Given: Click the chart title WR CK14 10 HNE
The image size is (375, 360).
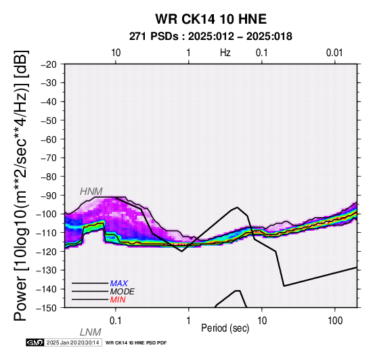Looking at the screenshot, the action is [x=211, y=19].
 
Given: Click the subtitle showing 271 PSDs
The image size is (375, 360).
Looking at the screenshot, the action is [x=211, y=37].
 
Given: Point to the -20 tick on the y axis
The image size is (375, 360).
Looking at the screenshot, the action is [x=49, y=64].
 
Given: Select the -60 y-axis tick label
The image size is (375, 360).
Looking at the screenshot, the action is [x=49, y=139].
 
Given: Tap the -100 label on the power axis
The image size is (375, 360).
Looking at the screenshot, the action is [x=47, y=214].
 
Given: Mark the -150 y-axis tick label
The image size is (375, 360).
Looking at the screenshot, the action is [x=47, y=308].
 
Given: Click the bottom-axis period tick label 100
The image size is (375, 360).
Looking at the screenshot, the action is [x=335, y=321].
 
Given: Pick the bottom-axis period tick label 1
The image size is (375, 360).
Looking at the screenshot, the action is [x=189, y=321].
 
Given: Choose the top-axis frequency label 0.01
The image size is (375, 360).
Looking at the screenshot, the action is [x=334, y=53].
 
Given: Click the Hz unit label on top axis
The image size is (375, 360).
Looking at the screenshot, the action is [x=225, y=53].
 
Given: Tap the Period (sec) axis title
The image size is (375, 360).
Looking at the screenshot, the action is [x=225, y=328].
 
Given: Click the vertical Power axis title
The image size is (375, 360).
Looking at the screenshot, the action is [x=21, y=185].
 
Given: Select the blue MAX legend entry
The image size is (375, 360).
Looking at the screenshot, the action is [x=119, y=284].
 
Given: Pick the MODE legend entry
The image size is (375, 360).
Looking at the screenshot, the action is [x=123, y=292].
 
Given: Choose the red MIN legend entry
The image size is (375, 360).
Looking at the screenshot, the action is [x=118, y=300].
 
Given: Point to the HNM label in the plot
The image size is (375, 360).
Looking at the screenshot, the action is [x=91, y=192].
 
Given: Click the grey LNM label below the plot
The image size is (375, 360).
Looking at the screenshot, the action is [x=91, y=332].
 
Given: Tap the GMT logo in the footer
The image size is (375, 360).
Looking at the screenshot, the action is [x=35, y=342].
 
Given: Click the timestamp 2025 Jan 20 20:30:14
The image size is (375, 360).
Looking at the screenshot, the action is [x=72, y=342].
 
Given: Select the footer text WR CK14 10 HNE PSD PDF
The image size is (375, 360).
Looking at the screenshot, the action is [x=136, y=343].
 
